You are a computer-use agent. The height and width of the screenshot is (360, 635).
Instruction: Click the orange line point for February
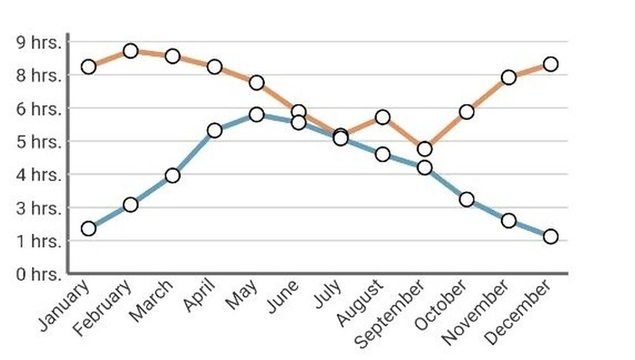131,51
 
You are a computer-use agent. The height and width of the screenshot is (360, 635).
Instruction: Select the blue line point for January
88,229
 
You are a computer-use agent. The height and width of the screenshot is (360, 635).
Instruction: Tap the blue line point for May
257,114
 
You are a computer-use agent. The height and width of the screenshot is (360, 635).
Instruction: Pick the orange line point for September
424,149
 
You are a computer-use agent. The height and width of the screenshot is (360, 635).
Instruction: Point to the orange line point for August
383,117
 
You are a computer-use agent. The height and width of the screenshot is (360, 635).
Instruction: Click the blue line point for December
550,236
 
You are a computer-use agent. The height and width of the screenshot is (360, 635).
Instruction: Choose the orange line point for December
550,64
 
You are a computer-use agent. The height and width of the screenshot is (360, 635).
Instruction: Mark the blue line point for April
214,130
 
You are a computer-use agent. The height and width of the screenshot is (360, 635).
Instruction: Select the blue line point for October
466,199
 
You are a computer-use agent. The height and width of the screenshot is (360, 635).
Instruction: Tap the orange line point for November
509,77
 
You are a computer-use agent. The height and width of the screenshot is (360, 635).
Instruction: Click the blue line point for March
173,175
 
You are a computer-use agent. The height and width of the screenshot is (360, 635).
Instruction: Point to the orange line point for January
88,67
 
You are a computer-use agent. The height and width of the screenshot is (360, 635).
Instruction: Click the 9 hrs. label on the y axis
40,42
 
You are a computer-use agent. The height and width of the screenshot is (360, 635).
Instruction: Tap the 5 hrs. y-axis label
40,142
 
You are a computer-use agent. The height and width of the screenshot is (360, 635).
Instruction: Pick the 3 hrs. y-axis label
40,208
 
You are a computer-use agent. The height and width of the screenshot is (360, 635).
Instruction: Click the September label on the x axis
389,314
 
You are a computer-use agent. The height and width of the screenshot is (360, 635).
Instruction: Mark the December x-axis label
518,312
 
